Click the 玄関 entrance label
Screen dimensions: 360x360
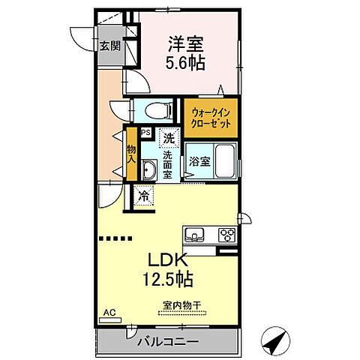click(x=109, y=45)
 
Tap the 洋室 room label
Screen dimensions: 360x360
click(x=185, y=43)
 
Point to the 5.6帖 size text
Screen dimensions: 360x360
click(x=185, y=63)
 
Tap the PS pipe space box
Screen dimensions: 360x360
click(x=146, y=134)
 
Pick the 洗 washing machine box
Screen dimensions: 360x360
click(x=169, y=138)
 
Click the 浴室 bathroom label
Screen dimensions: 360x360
click(x=199, y=160)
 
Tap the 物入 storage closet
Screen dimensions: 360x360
click(x=130, y=154)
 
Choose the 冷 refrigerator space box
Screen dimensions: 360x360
click(x=143, y=196)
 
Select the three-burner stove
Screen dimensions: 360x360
click(x=226, y=235)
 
